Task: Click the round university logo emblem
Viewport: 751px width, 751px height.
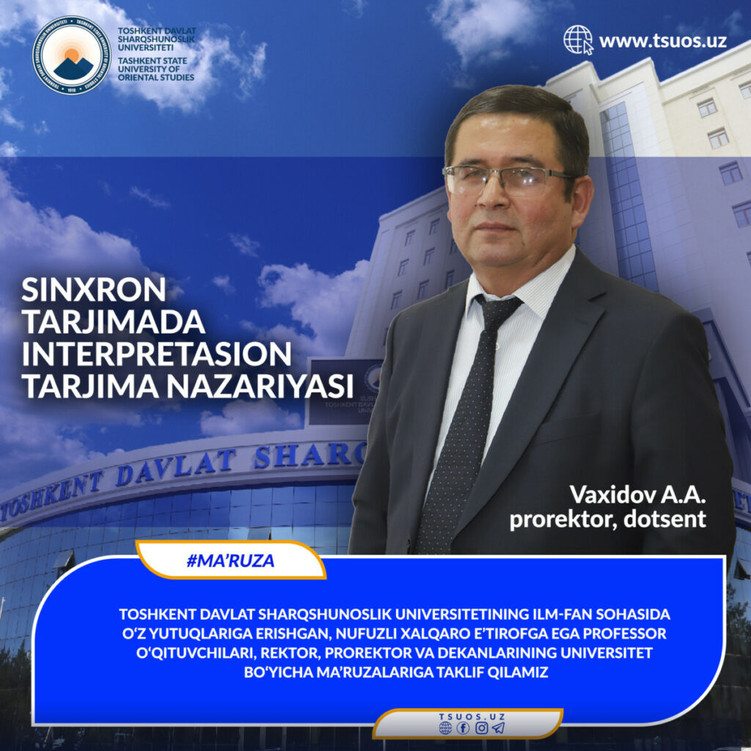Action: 72,55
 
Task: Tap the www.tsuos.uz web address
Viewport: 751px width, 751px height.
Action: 663,41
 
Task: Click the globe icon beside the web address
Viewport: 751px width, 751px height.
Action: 578,40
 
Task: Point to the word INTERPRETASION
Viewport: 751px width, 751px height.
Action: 157,353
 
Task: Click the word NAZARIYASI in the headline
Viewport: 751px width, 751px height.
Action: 260,386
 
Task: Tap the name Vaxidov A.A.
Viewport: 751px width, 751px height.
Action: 637,495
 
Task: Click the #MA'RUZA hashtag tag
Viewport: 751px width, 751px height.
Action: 230,560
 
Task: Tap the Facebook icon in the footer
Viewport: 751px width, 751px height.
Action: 464,728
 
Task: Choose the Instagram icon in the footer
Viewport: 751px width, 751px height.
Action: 481,728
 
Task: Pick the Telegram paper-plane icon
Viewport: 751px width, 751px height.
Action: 499,728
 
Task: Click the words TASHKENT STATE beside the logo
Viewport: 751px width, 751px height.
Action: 153,61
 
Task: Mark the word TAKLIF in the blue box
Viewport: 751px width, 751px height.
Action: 460,672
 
